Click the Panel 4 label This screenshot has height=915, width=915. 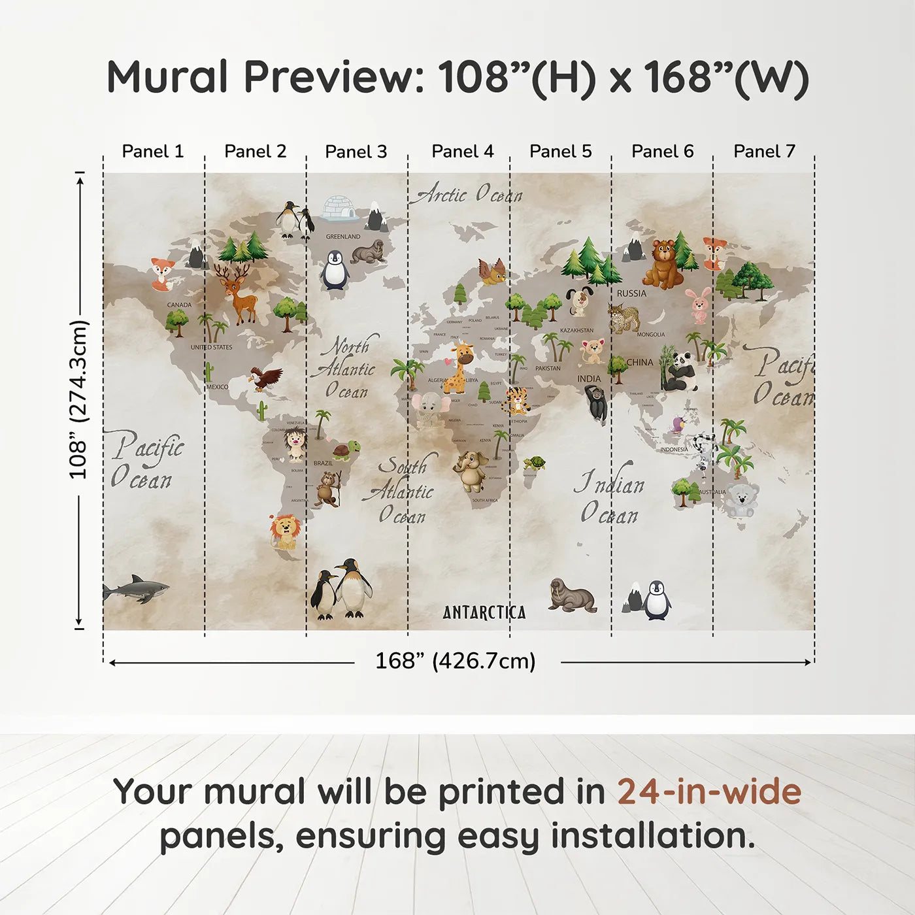pyautogui.click(x=463, y=152)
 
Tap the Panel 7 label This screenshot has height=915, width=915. pyautogui.click(x=764, y=152)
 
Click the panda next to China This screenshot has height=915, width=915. pyautogui.click(x=680, y=373)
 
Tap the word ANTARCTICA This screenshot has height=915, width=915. pyautogui.click(x=484, y=612)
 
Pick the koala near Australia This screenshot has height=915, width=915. pyautogui.click(x=740, y=500)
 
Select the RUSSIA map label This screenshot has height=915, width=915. pyautogui.click(x=631, y=293)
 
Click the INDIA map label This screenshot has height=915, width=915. pyautogui.click(x=588, y=379)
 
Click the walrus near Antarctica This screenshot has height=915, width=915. pyautogui.click(x=572, y=595)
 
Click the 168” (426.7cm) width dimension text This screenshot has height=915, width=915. pyautogui.click(x=456, y=661)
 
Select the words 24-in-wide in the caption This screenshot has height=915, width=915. pyautogui.click(x=709, y=792)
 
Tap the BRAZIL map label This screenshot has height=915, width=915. pyautogui.click(x=323, y=463)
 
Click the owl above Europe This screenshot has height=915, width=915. pyautogui.click(x=493, y=272)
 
